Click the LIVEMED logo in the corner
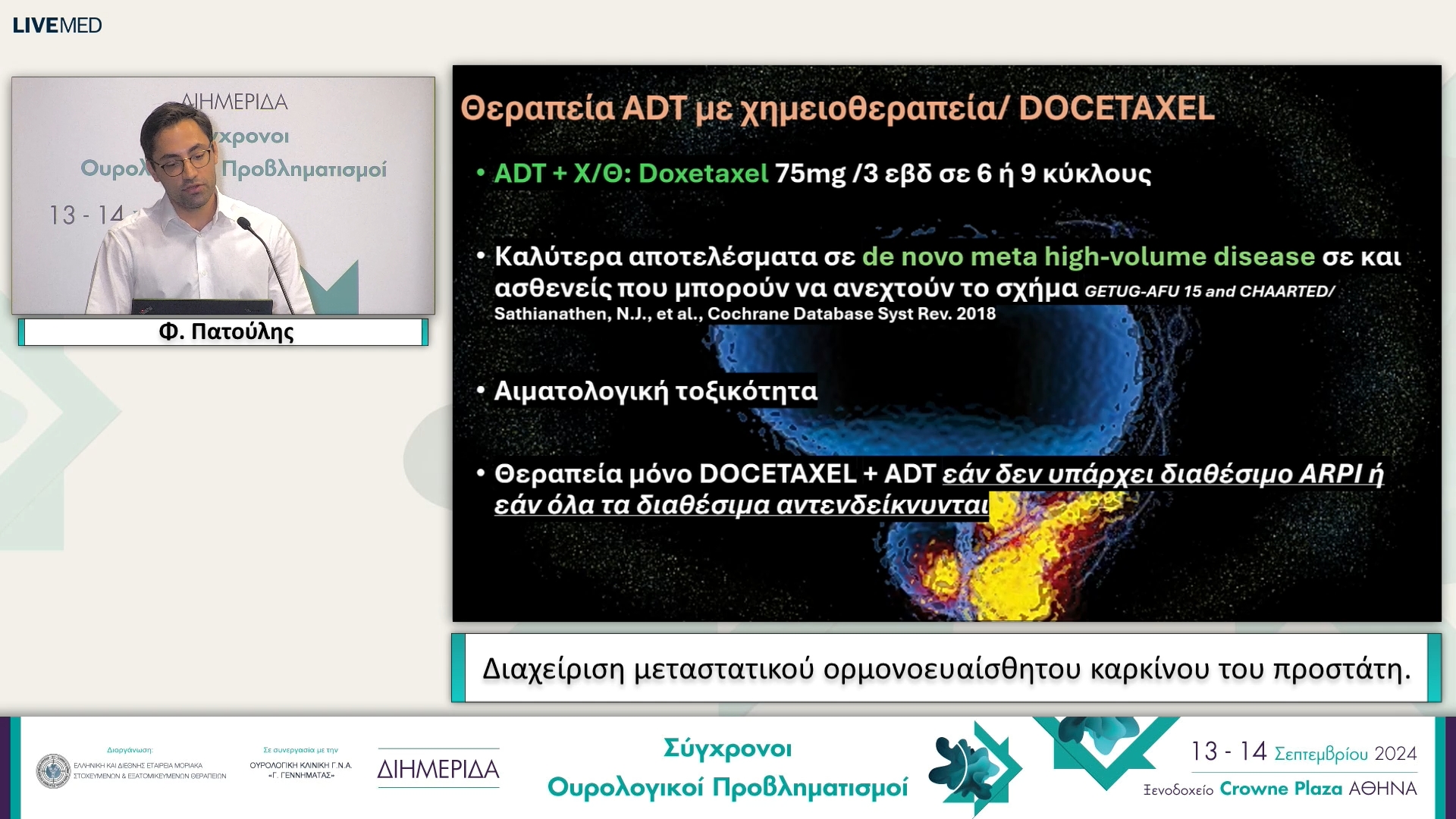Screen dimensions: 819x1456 57,25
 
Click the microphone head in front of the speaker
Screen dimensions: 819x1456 244,224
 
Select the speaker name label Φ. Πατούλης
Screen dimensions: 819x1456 225,332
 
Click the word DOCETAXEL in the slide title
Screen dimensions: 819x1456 1116,108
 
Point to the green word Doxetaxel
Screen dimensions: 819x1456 703,174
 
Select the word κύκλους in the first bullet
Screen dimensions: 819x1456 1097,174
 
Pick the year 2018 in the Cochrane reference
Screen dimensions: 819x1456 975,314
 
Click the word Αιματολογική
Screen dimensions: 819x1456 580,391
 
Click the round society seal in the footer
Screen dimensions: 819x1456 53,770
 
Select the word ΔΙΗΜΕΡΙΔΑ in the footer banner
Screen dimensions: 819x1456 438,770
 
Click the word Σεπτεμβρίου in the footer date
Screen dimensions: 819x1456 1320,754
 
